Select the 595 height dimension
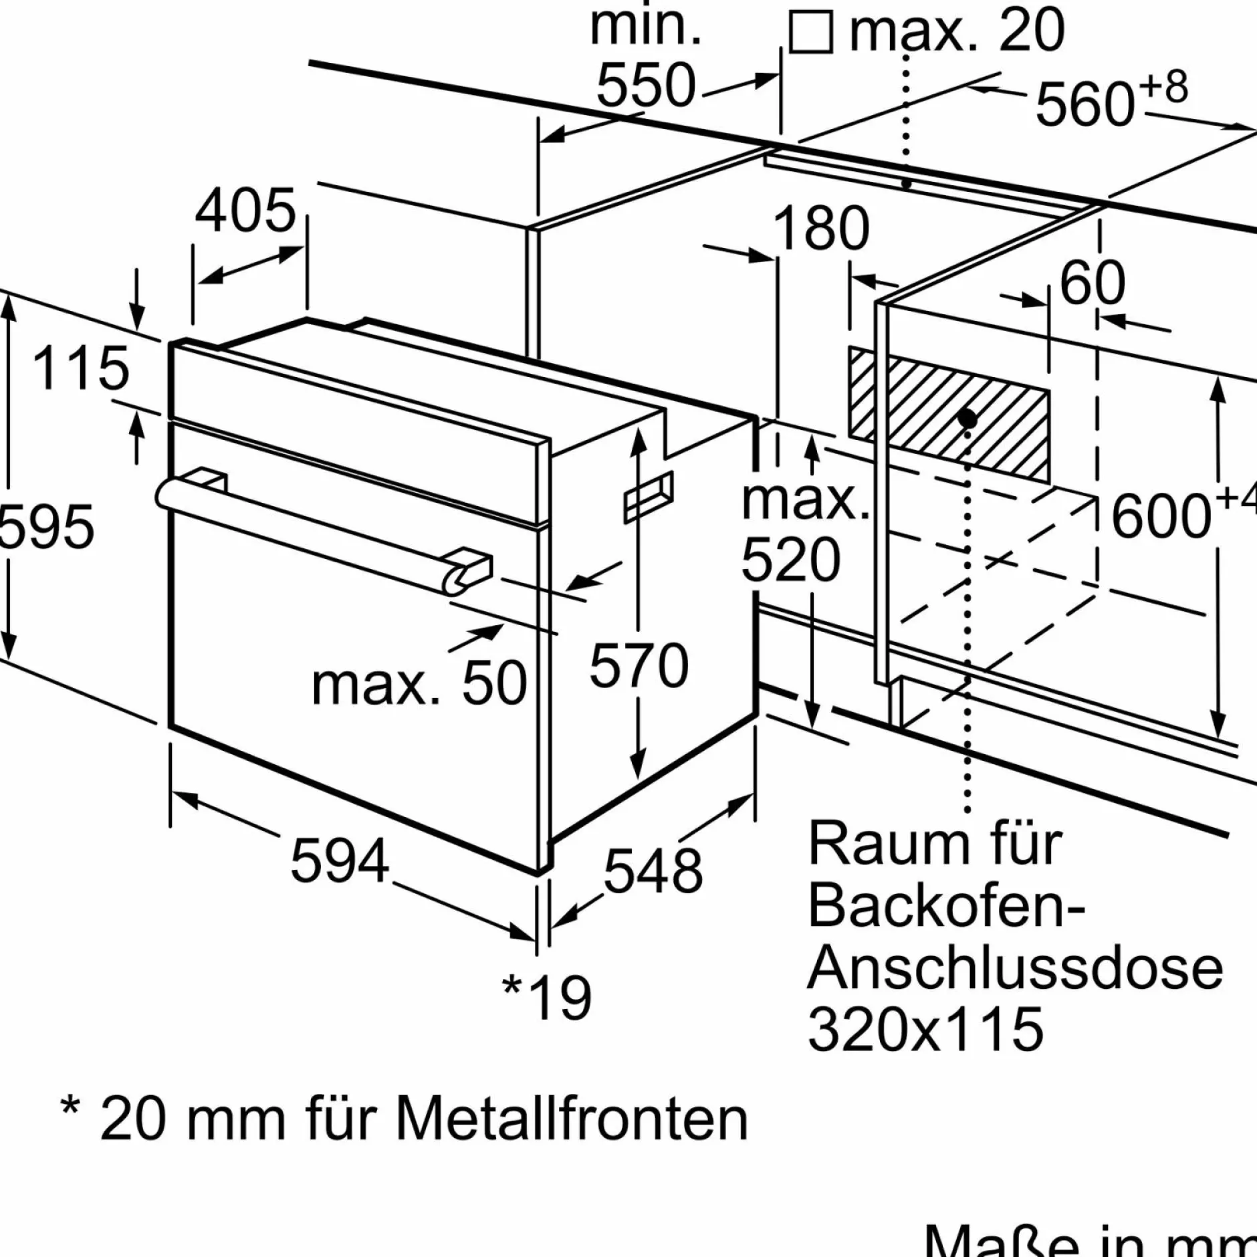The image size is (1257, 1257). [45, 528]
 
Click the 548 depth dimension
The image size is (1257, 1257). [653, 871]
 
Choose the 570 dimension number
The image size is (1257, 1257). [639, 665]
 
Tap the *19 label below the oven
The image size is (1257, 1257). [547, 998]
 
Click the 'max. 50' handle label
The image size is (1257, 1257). [419, 683]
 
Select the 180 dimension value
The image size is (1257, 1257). [820, 228]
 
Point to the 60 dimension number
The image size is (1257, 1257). [1093, 283]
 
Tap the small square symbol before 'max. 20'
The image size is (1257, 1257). [810, 32]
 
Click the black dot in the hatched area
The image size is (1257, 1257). [967, 419]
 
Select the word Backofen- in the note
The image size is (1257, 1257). [945, 907]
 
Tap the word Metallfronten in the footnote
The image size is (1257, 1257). [572, 1119]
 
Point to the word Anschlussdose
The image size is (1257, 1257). [1015, 967]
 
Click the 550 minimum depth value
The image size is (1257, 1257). [646, 86]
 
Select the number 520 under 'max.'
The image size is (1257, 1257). [790, 560]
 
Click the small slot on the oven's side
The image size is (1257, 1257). [648, 497]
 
